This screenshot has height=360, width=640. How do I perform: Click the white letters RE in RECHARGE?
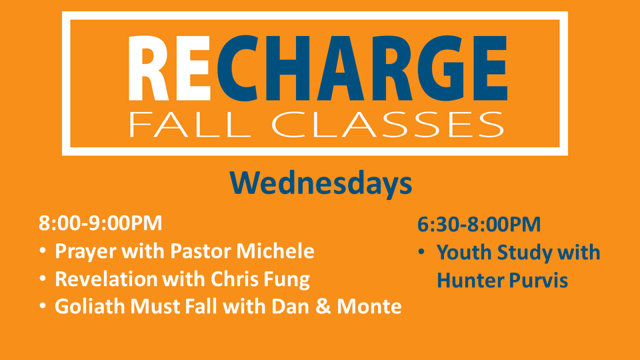coord(169,68)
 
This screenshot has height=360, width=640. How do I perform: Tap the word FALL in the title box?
coord(190,125)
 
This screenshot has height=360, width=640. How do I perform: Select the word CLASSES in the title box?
coord(388,125)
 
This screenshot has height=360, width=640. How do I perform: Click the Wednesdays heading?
coord(321,184)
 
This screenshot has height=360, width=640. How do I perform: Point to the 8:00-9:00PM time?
coord(101,223)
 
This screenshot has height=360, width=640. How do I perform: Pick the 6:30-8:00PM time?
coord(479,225)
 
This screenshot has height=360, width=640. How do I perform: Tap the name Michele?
coord(275,251)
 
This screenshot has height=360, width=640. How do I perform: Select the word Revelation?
coord(106,279)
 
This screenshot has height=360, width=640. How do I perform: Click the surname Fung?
coord(287,280)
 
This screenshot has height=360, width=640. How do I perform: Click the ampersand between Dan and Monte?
coord(323,307)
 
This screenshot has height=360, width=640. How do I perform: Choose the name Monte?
coord(369,307)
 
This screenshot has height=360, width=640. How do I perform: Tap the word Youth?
coord(464,252)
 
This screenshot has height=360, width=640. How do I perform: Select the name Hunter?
coord(471,281)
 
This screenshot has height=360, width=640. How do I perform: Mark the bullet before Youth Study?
coord(421,252)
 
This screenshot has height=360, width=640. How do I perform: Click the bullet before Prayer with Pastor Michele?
coord(43,251)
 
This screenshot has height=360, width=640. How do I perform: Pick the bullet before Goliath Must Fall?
coord(43,306)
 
